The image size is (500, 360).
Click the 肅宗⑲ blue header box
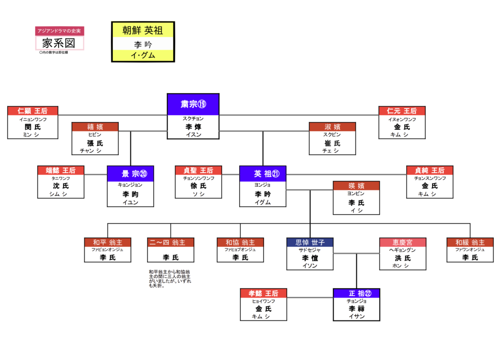[193, 104]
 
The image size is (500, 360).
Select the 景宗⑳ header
[130, 174]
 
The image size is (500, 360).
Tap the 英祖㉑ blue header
[263, 174]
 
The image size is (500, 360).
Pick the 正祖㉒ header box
[356, 293]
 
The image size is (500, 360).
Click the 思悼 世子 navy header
[310, 242]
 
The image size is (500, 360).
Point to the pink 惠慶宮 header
[403, 242]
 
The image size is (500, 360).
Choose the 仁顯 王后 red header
[33, 111]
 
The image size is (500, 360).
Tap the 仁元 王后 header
[402, 111]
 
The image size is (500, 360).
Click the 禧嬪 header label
[95, 127]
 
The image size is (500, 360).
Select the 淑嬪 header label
[333, 127]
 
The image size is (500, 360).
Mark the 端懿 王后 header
[61, 170]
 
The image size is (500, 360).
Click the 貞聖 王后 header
[198, 170]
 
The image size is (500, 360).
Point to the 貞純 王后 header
[430, 170]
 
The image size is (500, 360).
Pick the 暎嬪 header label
[356, 185]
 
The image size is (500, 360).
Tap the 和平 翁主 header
[108, 242]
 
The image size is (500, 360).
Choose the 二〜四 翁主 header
[170, 242]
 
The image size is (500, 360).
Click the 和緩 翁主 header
[470, 242]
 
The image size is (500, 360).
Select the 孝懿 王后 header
[263, 293]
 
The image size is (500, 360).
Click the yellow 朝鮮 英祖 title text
[143, 30]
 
